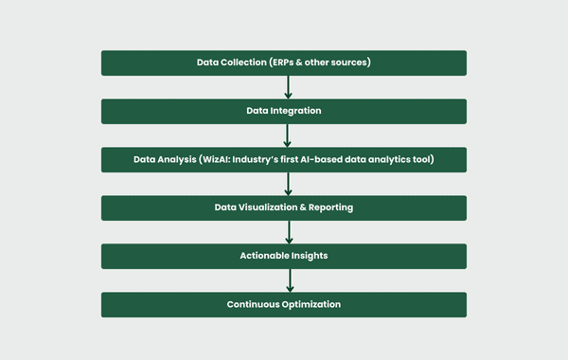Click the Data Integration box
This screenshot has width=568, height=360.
(284, 111)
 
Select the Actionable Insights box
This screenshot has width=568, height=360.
(284, 256)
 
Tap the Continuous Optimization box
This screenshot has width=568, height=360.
(284, 304)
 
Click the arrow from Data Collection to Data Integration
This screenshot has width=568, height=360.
(287, 87)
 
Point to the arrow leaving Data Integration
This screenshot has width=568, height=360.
(287, 135)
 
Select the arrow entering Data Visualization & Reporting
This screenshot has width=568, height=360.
(287, 184)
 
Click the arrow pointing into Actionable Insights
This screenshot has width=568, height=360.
(287, 232)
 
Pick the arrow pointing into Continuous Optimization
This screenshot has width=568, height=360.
(287, 280)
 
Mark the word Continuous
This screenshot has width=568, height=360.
(254, 304)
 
